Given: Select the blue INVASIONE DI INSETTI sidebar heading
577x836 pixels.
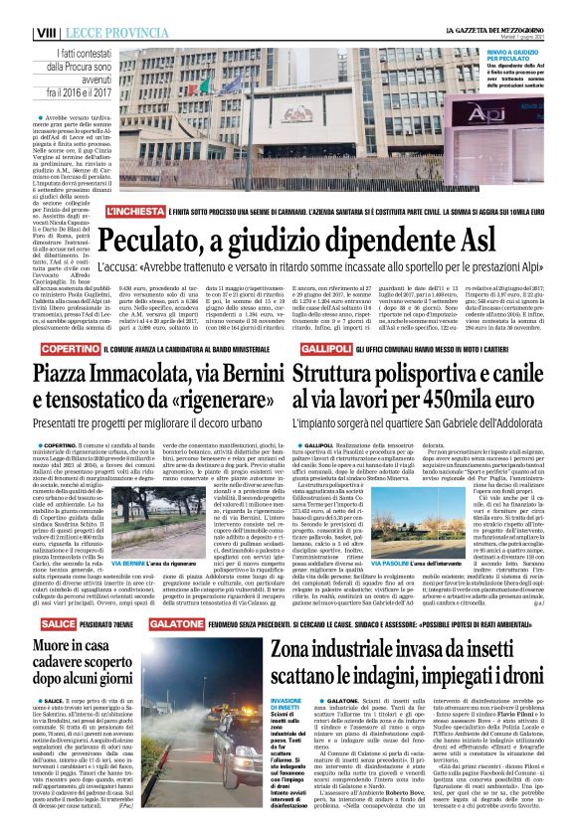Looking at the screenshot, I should [x=288, y=621].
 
